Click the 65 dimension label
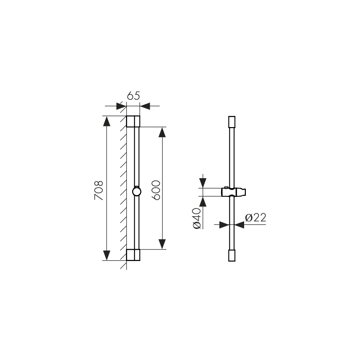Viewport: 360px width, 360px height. pyautogui.click(x=134, y=96)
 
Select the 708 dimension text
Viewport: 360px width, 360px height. pyautogui.click(x=99, y=190)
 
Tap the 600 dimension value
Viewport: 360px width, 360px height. pyautogui.click(x=156, y=190)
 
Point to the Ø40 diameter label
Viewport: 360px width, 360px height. pyautogui.click(x=197, y=218)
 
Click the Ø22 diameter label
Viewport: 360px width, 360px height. pyautogui.click(x=256, y=217)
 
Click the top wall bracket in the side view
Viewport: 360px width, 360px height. pyautogui.click(x=133, y=121)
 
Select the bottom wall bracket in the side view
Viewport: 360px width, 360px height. pyautogui.click(x=133, y=255)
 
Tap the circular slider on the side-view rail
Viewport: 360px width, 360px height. pyautogui.click(x=136, y=192)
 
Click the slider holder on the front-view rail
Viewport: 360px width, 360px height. pyautogui.click(x=234, y=192)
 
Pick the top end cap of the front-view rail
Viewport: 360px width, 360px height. pyautogui.click(x=232, y=122)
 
